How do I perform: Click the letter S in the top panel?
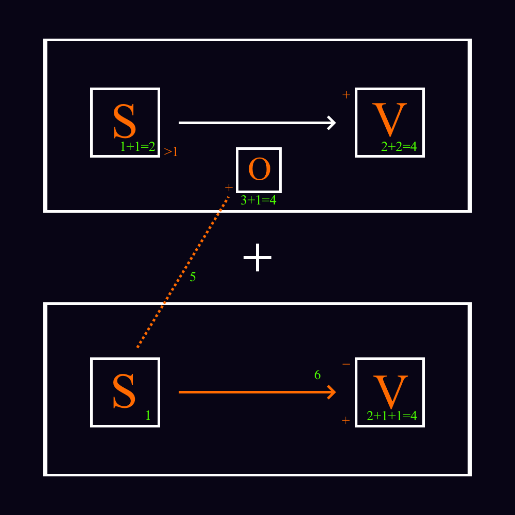(x=125, y=122)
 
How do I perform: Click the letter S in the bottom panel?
(x=125, y=391)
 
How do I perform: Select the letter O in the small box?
(x=259, y=169)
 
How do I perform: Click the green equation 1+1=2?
(x=138, y=147)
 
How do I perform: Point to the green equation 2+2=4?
(x=399, y=147)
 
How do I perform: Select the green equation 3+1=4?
(x=258, y=200)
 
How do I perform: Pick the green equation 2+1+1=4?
(x=391, y=416)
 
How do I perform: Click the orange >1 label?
(x=171, y=152)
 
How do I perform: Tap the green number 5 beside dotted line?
(x=193, y=277)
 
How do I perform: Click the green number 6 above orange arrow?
(x=317, y=375)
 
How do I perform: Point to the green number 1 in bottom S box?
(x=148, y=416)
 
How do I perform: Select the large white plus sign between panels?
(x=257, y=257)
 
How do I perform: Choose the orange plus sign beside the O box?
(x=229, y=187)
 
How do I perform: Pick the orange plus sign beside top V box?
(x=346, y=95)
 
